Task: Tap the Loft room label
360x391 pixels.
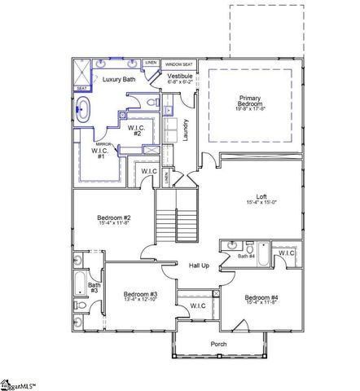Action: coord(261,200)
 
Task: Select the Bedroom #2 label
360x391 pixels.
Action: coord(115,221)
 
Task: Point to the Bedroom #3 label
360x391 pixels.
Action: coord(140,296)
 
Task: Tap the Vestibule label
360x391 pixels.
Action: coord(180,77)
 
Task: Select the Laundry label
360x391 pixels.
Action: coord(187,130)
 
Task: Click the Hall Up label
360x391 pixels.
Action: coord(200,266)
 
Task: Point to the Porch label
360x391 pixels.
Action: coord(217,345)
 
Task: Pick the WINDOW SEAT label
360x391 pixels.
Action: coord(178,64)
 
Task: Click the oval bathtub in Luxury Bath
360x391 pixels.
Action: coord(84,105)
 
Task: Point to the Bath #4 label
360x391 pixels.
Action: coord(247,257)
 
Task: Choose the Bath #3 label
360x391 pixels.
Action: coord(94,288)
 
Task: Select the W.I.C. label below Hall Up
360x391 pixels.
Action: coord(197,305)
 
